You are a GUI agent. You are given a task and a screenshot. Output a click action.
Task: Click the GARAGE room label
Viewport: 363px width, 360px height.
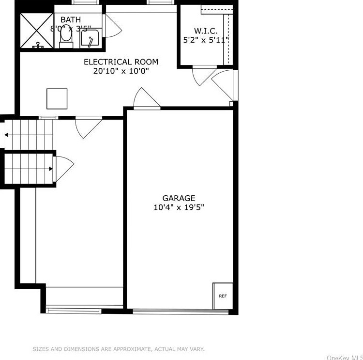click(x=179, y=198)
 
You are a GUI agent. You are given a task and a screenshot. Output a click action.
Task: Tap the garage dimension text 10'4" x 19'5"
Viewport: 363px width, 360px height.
click(x=179, y=207)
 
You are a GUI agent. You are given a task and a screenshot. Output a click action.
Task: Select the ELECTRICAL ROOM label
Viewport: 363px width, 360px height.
click(x=121, y=62)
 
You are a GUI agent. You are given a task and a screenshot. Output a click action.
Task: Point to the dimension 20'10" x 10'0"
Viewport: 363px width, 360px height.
click(x=121, y=71)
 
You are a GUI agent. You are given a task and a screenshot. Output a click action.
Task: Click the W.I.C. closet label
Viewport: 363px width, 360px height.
click(x=203, y=31)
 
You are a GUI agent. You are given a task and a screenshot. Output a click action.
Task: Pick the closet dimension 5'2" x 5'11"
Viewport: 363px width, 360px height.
click(x=206, y=40)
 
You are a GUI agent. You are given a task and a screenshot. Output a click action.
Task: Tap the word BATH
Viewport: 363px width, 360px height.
click(x=71, y=20)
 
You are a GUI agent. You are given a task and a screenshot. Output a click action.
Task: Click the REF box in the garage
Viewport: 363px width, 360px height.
click(x=223, y=296)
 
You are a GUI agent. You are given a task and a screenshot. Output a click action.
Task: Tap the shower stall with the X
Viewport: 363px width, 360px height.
click(x=36, y=31)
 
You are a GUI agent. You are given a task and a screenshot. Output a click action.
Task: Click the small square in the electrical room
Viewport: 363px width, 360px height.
click(x=57, y=99)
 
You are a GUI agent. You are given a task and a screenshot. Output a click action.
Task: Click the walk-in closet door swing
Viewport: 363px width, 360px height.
click(x=202, y=76)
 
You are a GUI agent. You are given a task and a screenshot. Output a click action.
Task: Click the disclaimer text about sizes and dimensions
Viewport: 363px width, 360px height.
click(x=119, y=349)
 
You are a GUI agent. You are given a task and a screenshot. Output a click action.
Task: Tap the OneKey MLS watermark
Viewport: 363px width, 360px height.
click(x=344, y=358)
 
